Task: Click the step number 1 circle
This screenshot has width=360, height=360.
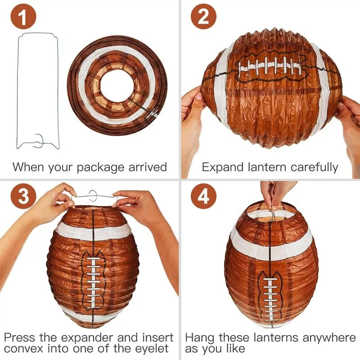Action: [x=23, y=17]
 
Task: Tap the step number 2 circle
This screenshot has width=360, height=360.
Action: [x=203, y=17]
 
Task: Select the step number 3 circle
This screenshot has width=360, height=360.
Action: [x=23, y=197]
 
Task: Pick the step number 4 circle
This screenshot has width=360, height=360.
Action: [x=203, y=197]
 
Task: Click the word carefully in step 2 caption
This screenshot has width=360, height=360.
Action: [x=314, y=168]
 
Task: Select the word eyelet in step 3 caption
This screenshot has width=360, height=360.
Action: [x=152, y=348]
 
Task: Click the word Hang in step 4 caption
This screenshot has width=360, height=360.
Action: [x=199, y=338]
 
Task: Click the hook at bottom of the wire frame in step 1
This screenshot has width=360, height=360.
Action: [x=39, y=140]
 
